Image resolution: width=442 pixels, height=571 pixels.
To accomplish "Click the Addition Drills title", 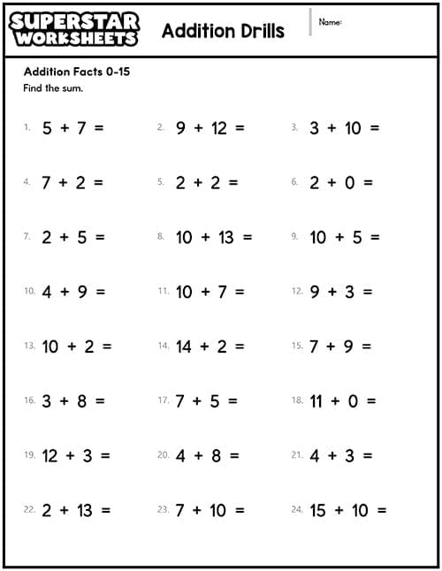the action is [223, 31].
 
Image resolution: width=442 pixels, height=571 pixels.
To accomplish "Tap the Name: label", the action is [330, 21].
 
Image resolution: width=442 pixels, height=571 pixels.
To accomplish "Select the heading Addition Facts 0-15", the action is [77, 72].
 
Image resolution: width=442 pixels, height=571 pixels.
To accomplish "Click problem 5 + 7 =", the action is [72, 128].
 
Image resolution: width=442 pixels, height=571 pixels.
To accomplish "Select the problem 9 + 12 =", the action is [210, 128].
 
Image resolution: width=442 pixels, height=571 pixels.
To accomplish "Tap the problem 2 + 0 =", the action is [341, 183].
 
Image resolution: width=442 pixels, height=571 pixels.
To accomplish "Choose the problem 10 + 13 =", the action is [214, 237].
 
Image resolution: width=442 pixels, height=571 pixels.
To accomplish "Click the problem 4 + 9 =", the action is [72, 292].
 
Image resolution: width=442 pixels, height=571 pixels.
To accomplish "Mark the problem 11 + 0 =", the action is [343, 401].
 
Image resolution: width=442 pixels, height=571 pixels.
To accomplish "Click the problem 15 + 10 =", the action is [348, 511].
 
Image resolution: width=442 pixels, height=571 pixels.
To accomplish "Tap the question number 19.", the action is [29, 455].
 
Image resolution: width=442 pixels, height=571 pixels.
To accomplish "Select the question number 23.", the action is [163, 510].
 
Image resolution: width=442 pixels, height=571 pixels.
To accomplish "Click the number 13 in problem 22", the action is [84, 511].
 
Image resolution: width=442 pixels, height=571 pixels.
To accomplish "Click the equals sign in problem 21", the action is [367, 456].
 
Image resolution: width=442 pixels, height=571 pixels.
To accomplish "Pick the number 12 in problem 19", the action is [50, 456].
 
